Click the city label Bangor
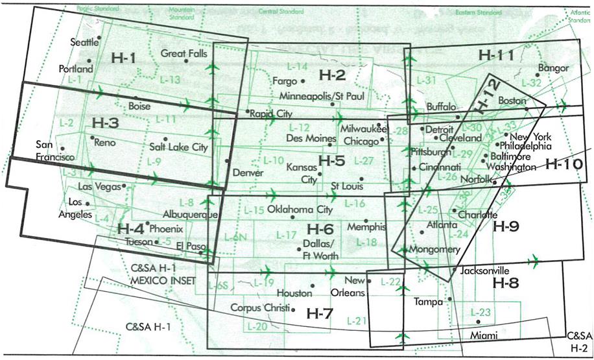(x=553, y=68)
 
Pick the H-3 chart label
(x=105, y=123)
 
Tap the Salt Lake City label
(x=178, y=148)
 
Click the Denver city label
(x=246, y=173)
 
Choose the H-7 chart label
(x=320, y=314)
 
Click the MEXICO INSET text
(x=159, y=281)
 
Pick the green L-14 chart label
(x=297, y=67)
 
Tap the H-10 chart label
(x=564, y=165)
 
